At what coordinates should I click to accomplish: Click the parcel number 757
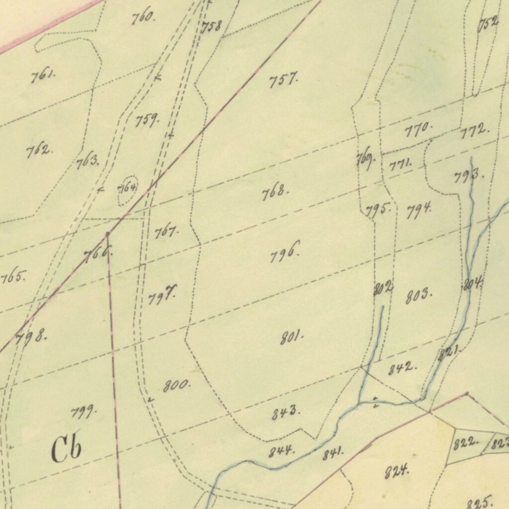click(283, 80)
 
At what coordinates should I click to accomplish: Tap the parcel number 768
click(274, 192)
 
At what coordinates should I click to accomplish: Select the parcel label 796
click(285, 253)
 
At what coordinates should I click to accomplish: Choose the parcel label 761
click(43, 76)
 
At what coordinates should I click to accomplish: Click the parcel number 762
click(39, 150)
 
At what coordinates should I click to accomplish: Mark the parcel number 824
click(397, 470)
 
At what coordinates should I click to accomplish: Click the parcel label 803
click(418, 295)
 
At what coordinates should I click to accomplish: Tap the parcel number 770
click(418, 131)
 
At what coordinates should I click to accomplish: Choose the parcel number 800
click(176, 385)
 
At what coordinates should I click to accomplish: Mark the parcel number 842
click(403, 368)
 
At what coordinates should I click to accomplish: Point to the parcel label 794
click(419, 211)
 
